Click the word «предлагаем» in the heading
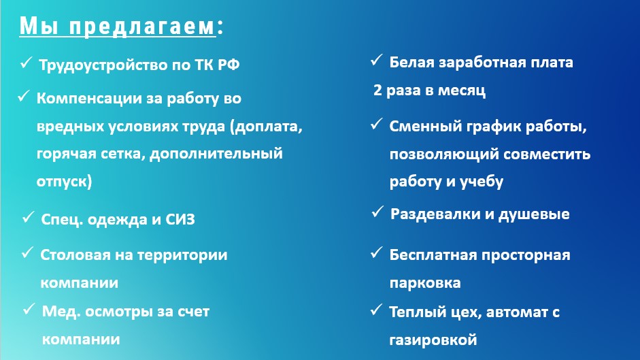pos(141,27)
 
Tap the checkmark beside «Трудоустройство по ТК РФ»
pos(26,63)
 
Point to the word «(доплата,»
pos(266,127)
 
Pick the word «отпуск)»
pos(64,181)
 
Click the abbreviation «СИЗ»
pos(180,219)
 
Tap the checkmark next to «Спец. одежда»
pos(28,217)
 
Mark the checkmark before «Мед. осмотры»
pos(29,309)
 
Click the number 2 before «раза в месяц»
pos(377,90)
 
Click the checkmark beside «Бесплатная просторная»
pos(376,252)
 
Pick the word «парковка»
pos(425,283)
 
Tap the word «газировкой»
pos(433,340)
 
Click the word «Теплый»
pos(416,312)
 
